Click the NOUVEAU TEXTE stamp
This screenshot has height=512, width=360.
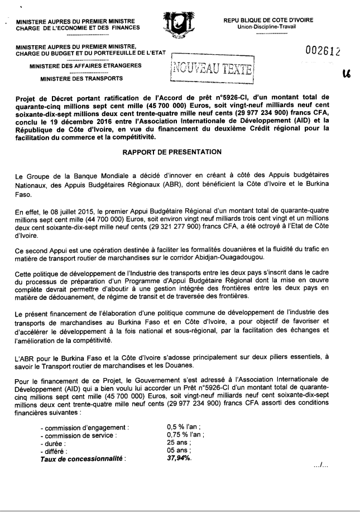click(212, 70)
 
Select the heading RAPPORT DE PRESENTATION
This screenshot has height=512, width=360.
click(179, 151)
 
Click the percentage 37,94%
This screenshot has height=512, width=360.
click(172, 458)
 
